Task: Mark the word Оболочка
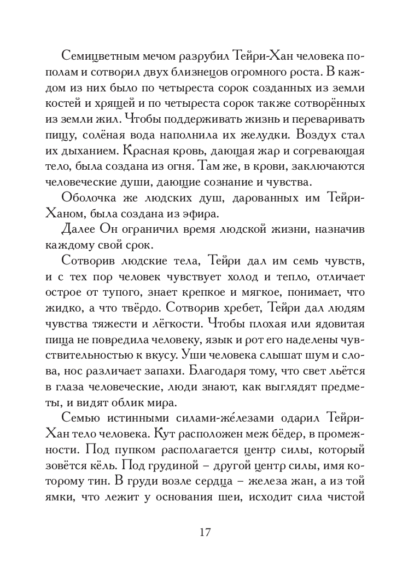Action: click(90, 198)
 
